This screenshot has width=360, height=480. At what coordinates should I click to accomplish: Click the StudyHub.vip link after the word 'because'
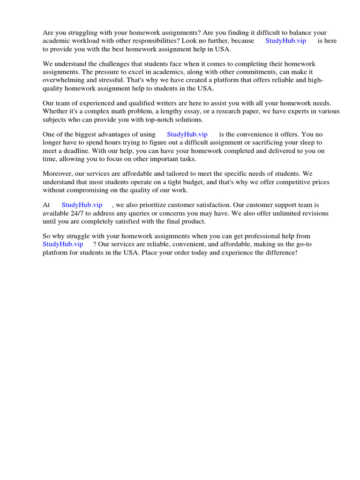285,41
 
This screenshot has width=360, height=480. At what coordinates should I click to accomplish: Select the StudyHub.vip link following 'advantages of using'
187,135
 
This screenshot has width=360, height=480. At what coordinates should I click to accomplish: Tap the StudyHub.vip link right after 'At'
82,205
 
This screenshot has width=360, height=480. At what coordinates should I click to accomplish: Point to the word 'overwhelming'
63,80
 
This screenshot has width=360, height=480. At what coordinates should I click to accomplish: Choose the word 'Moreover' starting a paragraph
58,174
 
